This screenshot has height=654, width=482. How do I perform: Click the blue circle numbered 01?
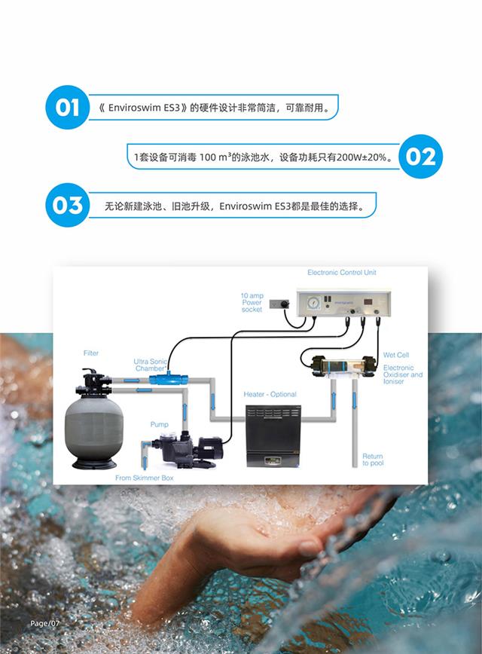click(67, 107)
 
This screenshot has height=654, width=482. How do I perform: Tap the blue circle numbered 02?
click(420, 157)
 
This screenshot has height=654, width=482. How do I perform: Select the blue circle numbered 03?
click(67, 205)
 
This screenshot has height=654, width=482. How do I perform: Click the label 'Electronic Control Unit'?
click(342, 273)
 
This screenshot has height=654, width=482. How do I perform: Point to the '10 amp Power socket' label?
click(252, 301)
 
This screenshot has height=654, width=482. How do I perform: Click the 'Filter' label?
click(90, 353)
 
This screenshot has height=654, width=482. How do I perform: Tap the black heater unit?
click(273, 435)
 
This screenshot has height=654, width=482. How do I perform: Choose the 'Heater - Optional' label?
click(270, 394)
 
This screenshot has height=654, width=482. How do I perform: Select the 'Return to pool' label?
click(372, 460)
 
